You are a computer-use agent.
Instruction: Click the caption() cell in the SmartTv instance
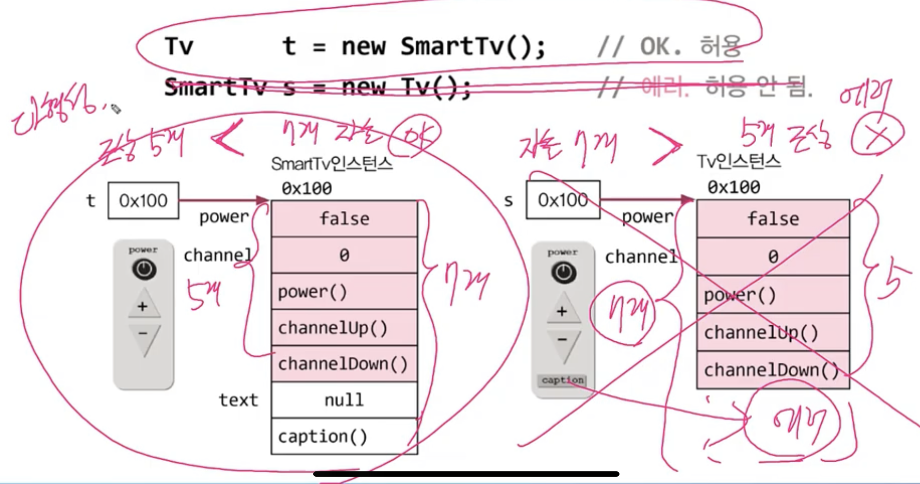(x=344, y=436)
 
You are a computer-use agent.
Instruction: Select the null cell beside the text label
(x=344, y=400)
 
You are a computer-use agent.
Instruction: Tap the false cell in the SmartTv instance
(x=344, y=219)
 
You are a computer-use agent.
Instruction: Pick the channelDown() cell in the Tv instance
(x=773, y=370)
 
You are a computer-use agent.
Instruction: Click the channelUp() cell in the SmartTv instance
(x=344, y=328)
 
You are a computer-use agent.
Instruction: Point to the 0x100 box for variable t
(x=143, y=201)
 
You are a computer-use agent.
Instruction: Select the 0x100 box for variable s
(x=563, y=200)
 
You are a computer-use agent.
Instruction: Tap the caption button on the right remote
(x=562, y=380)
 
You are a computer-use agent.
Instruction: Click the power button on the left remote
(x=144, y=269)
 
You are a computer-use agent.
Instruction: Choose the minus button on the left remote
(x=143, y=335)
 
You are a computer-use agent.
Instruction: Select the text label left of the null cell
(x=238, y=400)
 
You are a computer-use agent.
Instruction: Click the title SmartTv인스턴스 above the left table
(x=332, y=164)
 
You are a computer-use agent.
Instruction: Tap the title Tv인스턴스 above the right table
(x=739, y=161)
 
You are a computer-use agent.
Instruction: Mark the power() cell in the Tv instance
(x=773, y=295)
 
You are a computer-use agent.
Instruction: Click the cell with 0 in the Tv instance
(x=773, y=257)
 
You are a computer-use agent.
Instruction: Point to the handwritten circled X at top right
(x=877, y=134)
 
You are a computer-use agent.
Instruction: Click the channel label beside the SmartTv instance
(x=217, y=255)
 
